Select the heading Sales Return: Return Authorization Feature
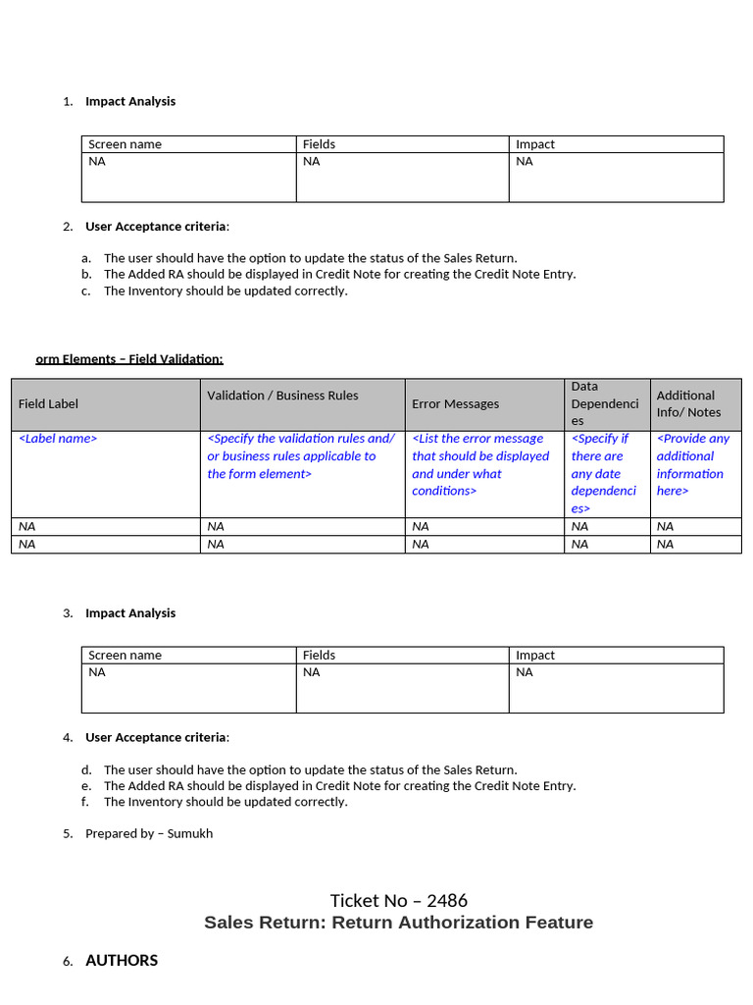pyautogui.click(x=398, y=923)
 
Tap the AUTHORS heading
pyautogui.click(x=122, y=961)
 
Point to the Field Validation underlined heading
pyautogui.click(x=129, y=359)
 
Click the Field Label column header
pyautogui.click(x=48, y=403)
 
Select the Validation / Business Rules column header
pyautogui.click(x=282, y=396)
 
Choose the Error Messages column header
pyautogui.click(x=455, y=403)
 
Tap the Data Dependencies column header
pyautogui.click(x=604, y=403)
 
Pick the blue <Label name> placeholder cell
pyautogui.click(x=58, y=439)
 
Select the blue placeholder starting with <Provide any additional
pyautogui.click(x=692, y=464)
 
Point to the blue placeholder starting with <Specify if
pyautogui.click(x=603, y=473)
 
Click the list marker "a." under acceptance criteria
pyautogui.click(x=86, y=258)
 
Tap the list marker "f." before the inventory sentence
pyautogui.click(x=86, y=802)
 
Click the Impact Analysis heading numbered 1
pyautogui.click(x=130, y=101)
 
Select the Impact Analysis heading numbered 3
pyautogui.click(x=130, y=612)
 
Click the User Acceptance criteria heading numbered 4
pyautogui.click(x=156, y=737)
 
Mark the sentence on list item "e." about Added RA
pyautogui.click(x=339, y=785)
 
